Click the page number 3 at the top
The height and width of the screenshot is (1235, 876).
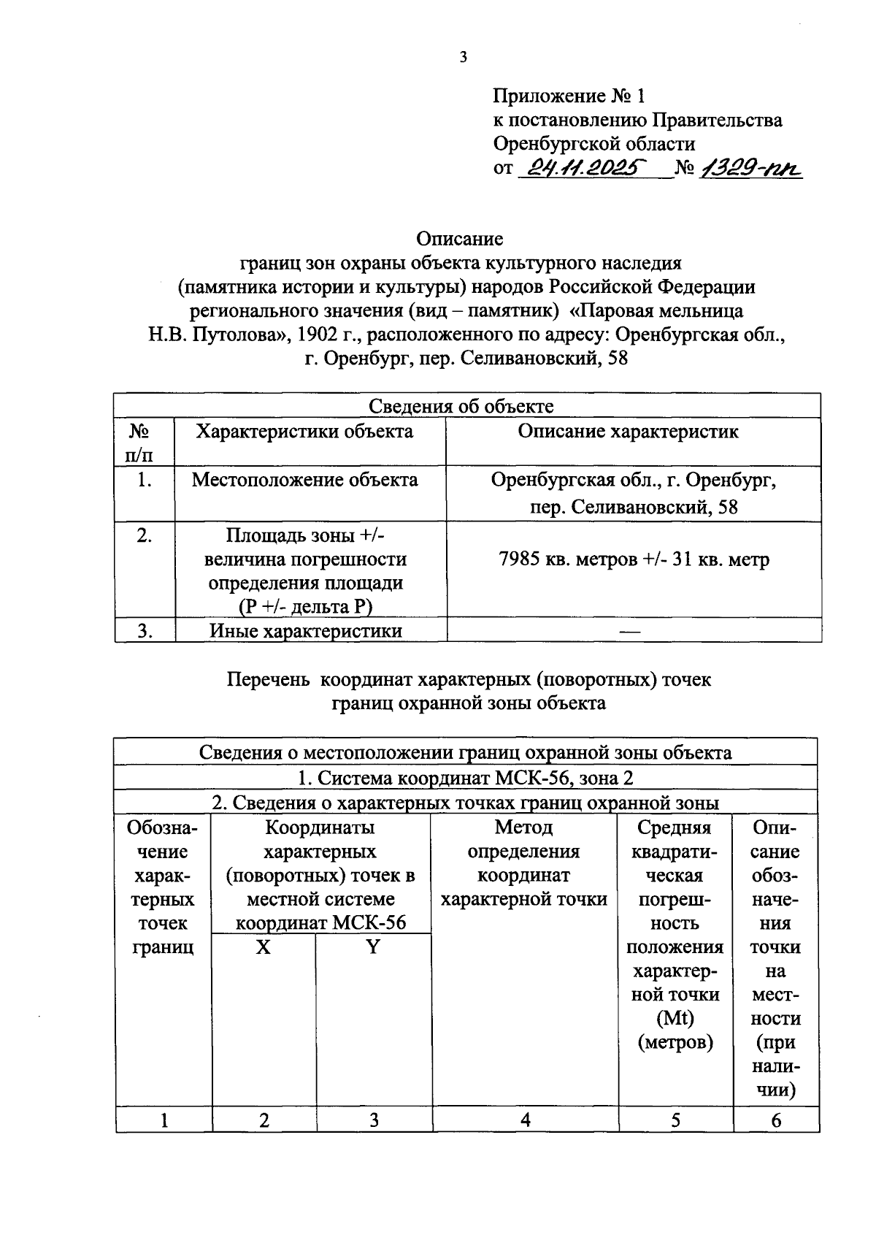click(463, 58)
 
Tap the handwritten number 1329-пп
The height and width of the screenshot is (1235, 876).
click(750, 169)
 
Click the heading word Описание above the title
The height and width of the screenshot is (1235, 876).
click(460, 239)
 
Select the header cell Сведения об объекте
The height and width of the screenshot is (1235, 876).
click(461, 406)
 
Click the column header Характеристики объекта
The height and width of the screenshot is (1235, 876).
click(304, 431)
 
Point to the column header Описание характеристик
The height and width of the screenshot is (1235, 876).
click(628, 431)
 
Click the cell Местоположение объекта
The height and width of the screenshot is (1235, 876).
click(304, 480)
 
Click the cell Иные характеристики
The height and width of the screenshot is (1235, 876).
click(306, 630)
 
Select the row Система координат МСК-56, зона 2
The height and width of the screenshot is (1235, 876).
click(466, 778)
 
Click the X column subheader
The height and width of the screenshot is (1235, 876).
click(264, 947)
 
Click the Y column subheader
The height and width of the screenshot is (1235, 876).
click(373, 947)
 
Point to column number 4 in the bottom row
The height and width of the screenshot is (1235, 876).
click(525, 1120)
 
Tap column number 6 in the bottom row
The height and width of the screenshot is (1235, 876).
click(776, 1120)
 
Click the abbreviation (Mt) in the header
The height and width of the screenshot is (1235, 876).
click(675, 1018)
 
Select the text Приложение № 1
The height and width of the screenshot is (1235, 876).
click(569, 96)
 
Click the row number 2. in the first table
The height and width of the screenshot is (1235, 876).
click(145, 535)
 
